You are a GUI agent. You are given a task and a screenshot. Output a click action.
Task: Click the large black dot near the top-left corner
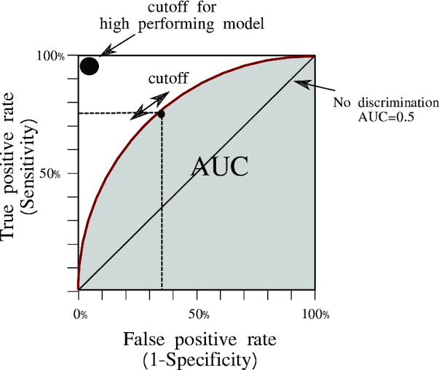pyautogui.click(x=89, y=66)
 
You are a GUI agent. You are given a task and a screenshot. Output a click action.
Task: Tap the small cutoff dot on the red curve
pyautogui.click(x=161, y=114)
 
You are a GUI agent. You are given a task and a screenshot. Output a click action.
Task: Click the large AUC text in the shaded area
pyautogui.click(x=220, y=167)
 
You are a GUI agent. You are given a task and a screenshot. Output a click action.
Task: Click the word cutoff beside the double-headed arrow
pyautogui.click(x=168, y=78)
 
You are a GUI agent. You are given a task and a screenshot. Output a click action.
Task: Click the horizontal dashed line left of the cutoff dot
pyautogui.click(x=109, y=113)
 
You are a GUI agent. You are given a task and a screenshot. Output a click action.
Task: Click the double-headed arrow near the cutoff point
pyautogui.click(x=149, y=106)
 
